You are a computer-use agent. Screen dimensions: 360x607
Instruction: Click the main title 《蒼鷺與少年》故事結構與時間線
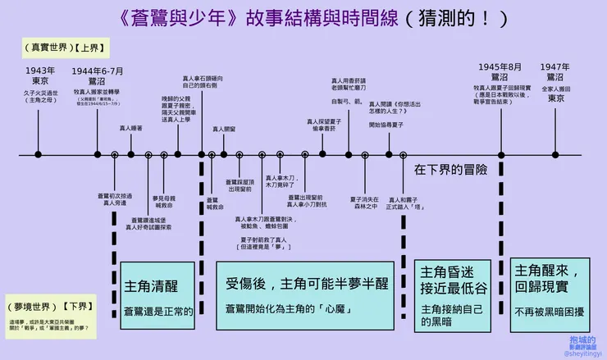click(x=254, y=17)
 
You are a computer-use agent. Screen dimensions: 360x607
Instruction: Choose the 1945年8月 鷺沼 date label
click(x=500, y=71)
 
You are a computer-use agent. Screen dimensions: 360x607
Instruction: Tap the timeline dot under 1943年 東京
click(x=39, y=153)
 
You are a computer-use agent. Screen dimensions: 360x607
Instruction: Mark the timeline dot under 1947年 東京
click(x=555, y=153)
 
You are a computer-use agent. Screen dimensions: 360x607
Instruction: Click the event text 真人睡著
click(x=131, y=128)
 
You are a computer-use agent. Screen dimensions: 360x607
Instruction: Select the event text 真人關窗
click(x=224, y=129)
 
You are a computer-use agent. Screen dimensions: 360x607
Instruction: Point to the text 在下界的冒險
click(x=450, y=170)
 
